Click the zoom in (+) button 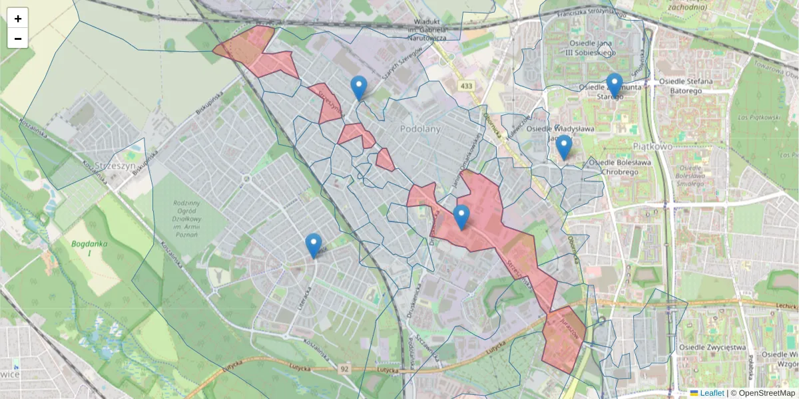tap(18, 19)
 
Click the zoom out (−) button tap(18, 39)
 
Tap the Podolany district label tap(420, 129)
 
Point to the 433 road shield tap(465, 86)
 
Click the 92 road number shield tap(344, 368)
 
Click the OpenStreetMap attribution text tap(766, 393)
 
